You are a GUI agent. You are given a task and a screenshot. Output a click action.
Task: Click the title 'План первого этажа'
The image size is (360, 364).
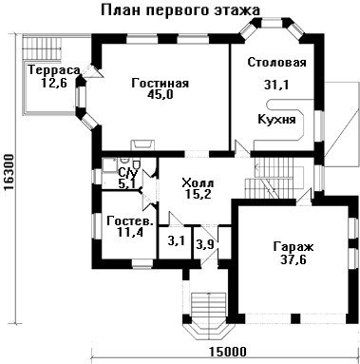[180, 10]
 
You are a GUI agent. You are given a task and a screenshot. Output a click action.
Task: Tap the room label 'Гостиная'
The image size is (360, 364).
[161, 83]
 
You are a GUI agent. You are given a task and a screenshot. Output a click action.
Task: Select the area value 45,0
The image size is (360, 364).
[161, 94]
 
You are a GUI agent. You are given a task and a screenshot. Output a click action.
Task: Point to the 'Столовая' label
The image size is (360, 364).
[276, 62]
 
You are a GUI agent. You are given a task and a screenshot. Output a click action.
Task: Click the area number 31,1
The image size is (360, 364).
[276, 85]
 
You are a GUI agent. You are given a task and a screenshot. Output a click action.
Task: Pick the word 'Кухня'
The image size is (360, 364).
[276, 120]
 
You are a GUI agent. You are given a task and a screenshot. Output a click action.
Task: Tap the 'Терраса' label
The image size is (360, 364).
[53, 70]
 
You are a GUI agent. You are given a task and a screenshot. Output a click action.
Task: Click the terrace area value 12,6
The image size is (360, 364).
[54, 83]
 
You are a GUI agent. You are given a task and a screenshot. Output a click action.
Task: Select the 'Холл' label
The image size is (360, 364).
[199, 182]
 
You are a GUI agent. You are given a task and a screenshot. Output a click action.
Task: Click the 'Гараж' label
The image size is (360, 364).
[294, 247]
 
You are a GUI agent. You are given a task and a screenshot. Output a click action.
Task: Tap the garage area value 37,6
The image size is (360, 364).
[294, 259]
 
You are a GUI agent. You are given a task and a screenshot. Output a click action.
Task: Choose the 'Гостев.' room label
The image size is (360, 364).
[130, 220]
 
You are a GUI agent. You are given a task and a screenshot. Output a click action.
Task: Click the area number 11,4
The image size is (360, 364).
[130, 232]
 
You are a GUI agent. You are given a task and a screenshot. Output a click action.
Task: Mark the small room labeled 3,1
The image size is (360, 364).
[176, 242]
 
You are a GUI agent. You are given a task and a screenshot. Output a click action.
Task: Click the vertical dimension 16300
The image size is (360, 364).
[10, 173]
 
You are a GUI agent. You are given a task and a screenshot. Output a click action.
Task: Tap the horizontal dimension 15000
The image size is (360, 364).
[227, 352]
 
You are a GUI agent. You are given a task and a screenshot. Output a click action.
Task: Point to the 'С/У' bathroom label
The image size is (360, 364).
[128, 173]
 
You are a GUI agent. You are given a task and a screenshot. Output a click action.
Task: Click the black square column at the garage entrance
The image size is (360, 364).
[295, 318]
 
